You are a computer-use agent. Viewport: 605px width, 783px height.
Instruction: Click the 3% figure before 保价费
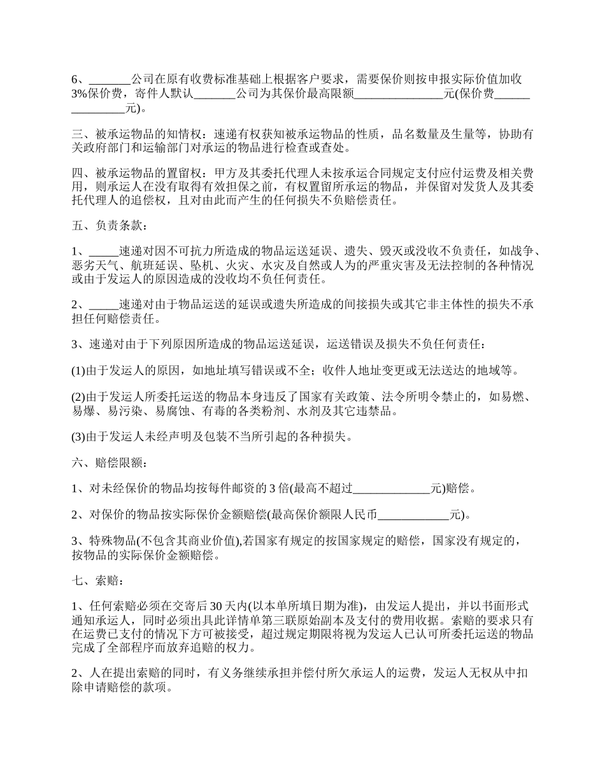79,94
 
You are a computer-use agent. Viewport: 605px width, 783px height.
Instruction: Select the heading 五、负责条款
109,225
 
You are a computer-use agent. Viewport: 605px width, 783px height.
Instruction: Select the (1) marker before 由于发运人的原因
78,370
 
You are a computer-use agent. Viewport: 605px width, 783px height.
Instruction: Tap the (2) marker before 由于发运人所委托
78,398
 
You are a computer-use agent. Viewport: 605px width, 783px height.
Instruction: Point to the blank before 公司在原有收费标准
110,80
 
